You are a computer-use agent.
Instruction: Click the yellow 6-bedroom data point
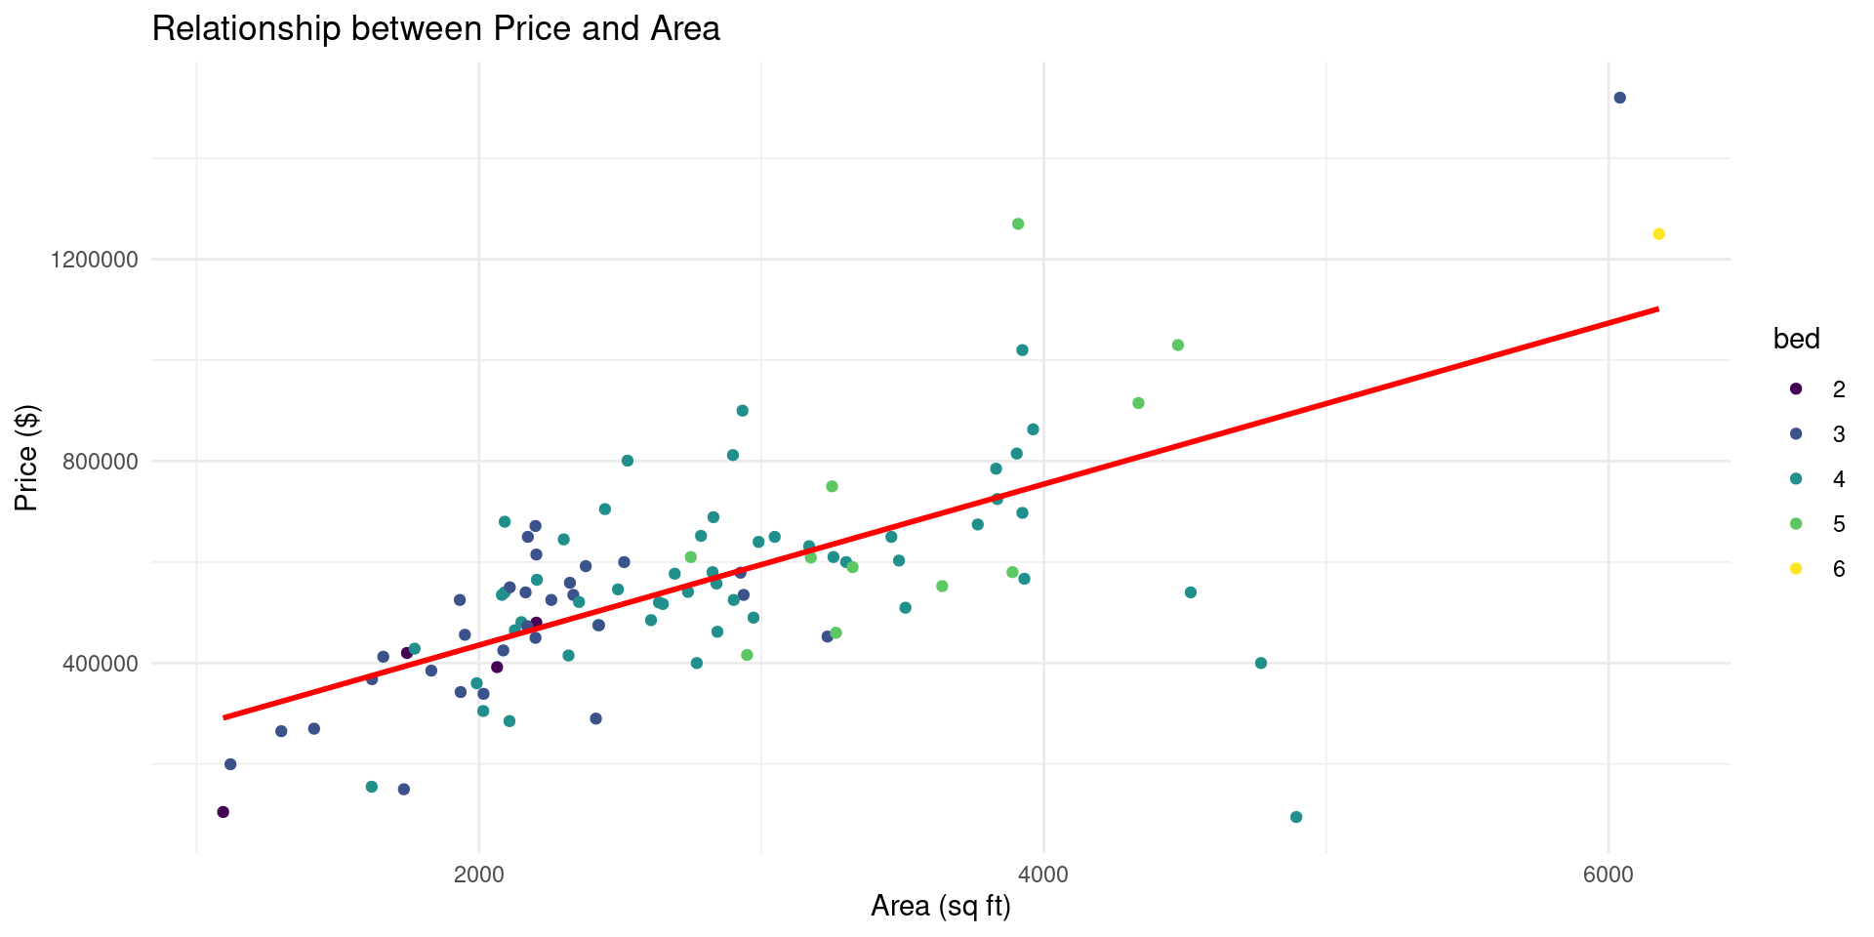point(1658,234)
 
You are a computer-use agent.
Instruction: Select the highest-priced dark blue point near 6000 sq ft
point(1619,98)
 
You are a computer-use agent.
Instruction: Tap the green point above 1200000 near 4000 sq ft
point(1018,224)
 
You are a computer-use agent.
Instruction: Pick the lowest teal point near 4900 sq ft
point(1296,817)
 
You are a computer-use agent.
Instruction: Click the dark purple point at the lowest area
point(223,812)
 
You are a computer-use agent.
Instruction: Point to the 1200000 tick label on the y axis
point(93,260)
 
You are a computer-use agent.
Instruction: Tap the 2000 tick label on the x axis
point(478,875)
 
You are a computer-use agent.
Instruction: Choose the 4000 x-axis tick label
point(1043,875)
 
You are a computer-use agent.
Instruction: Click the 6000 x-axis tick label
point(1608,875)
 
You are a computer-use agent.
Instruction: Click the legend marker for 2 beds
point(1795,389)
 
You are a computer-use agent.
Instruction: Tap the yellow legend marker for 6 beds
point(1795,569)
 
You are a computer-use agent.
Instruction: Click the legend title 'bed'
point(1796,340)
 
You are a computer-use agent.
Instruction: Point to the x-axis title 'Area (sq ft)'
point(940,908)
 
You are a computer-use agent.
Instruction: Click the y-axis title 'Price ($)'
point(26,458)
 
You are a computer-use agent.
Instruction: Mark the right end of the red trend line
point(1657,309)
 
